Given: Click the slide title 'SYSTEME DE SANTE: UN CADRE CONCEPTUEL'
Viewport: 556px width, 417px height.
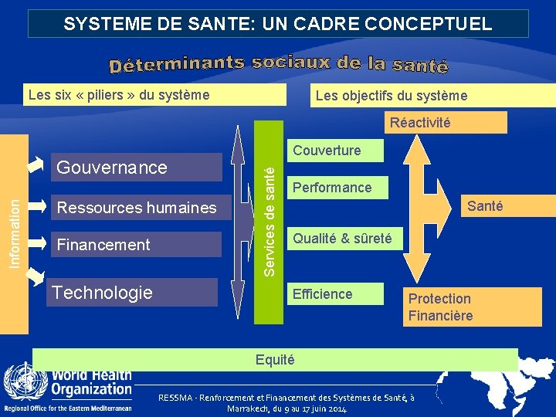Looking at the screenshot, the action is click(x=278, y=23).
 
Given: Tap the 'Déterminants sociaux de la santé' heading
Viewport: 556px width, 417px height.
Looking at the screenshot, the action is click(x=278, y=64).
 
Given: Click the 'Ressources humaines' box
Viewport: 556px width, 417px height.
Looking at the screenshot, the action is click(x=136, y=208).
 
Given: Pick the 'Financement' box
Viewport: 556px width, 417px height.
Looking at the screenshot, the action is click(x=136, y=245).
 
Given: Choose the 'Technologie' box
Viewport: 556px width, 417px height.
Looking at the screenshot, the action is click(x=131, y=292).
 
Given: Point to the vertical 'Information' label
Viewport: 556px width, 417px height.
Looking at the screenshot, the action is click(x=15, y=232).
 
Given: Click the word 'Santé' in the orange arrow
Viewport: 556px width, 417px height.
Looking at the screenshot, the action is click(x=485, y=206).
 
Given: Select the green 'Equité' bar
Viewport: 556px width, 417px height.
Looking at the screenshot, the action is click(x=274, y=360).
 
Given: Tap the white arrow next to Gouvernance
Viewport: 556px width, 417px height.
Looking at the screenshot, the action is click(x=36, y=164).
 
